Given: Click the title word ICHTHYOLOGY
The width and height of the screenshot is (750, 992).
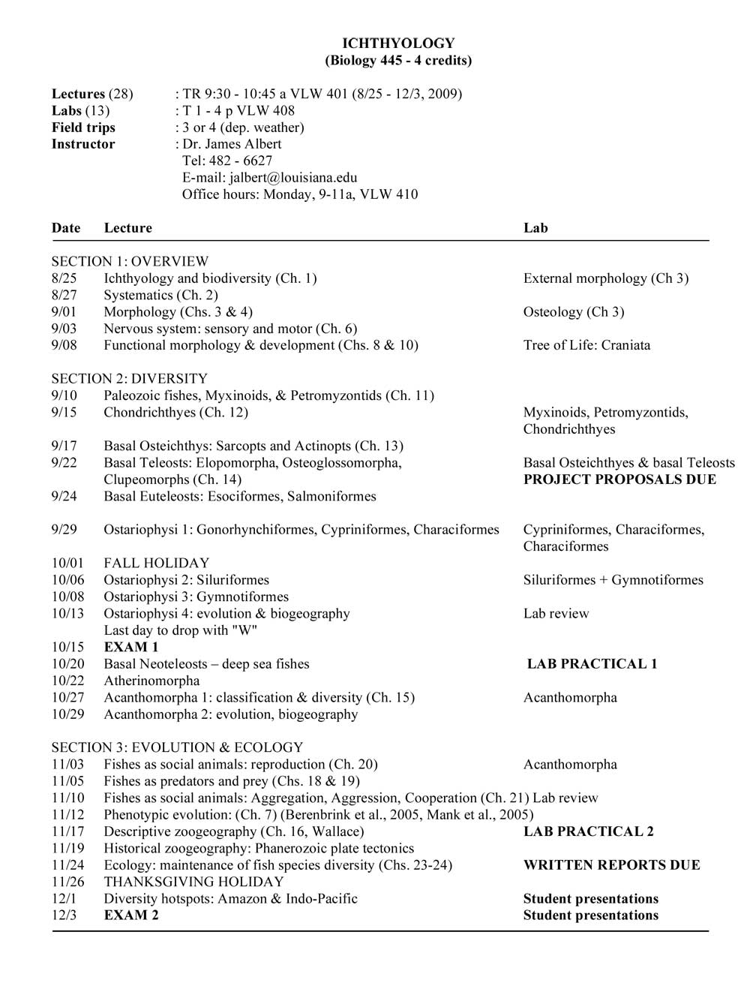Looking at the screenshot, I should [398, 44].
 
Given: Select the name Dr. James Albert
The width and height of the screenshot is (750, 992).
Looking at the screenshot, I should [232, 144].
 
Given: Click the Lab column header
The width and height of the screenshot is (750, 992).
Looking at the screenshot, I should [535, 228].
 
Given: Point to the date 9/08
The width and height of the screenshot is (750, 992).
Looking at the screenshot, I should [64, 345].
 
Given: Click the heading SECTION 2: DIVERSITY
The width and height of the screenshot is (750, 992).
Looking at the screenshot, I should [129, 379].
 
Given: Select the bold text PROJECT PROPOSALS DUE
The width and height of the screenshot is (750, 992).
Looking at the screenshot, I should [619, 479].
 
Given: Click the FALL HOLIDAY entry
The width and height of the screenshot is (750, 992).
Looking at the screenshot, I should [156, 563].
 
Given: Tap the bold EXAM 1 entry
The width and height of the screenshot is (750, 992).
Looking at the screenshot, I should [131, 647].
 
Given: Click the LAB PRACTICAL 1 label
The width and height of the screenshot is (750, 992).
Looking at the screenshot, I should [592, 664].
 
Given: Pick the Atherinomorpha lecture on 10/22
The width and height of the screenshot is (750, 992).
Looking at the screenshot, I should [151, 681].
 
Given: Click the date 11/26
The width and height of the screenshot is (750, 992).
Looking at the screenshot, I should [68, 882].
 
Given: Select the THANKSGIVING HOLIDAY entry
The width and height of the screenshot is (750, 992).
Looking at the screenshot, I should [193, 882].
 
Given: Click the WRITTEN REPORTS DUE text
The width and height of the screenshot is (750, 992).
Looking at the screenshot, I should [611, 865].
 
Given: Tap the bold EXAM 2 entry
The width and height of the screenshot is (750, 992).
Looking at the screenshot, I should [131, 915].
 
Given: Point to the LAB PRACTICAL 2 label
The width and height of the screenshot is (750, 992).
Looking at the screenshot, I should [588, 831].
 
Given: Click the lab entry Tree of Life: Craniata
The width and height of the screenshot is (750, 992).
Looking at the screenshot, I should [586, 345].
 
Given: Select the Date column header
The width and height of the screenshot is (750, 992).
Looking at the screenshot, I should [65, 228].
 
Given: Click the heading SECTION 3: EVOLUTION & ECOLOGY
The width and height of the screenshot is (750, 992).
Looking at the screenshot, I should [177, 747].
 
